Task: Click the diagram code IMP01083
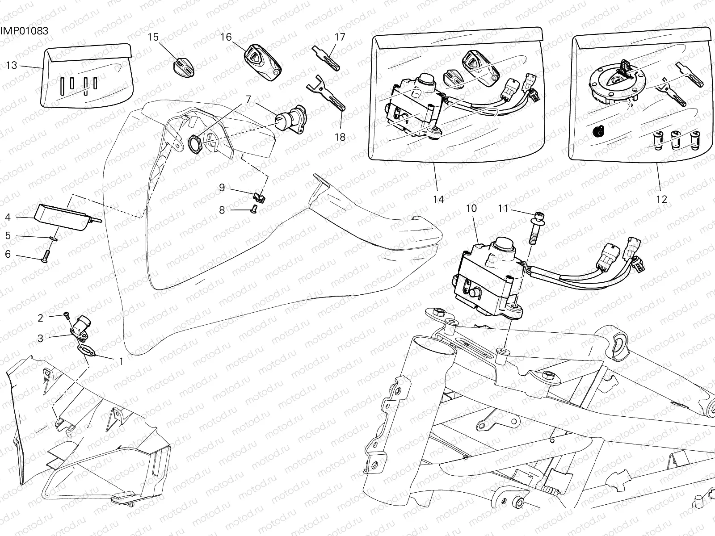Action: (x=24, y=31)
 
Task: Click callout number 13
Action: (x=12, y=66)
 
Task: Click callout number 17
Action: (x=340, y=37)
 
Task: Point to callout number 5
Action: (x=8, y=235)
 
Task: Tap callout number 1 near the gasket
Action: (x=121, y=361)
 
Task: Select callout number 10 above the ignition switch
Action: (x=471, y=209)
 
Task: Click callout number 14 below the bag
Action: (x=439, y=199)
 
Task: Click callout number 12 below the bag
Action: (x=661, y=199)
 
